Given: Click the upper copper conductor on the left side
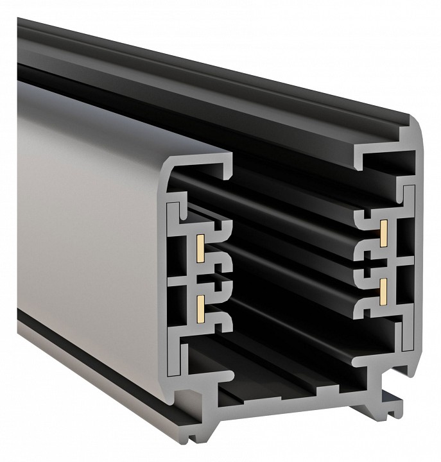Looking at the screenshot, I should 200,246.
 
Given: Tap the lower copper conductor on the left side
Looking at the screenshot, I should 200,307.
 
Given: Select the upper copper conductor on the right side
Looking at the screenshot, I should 383,229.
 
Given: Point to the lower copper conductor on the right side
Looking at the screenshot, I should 383,290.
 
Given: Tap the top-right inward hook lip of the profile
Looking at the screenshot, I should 360,158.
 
